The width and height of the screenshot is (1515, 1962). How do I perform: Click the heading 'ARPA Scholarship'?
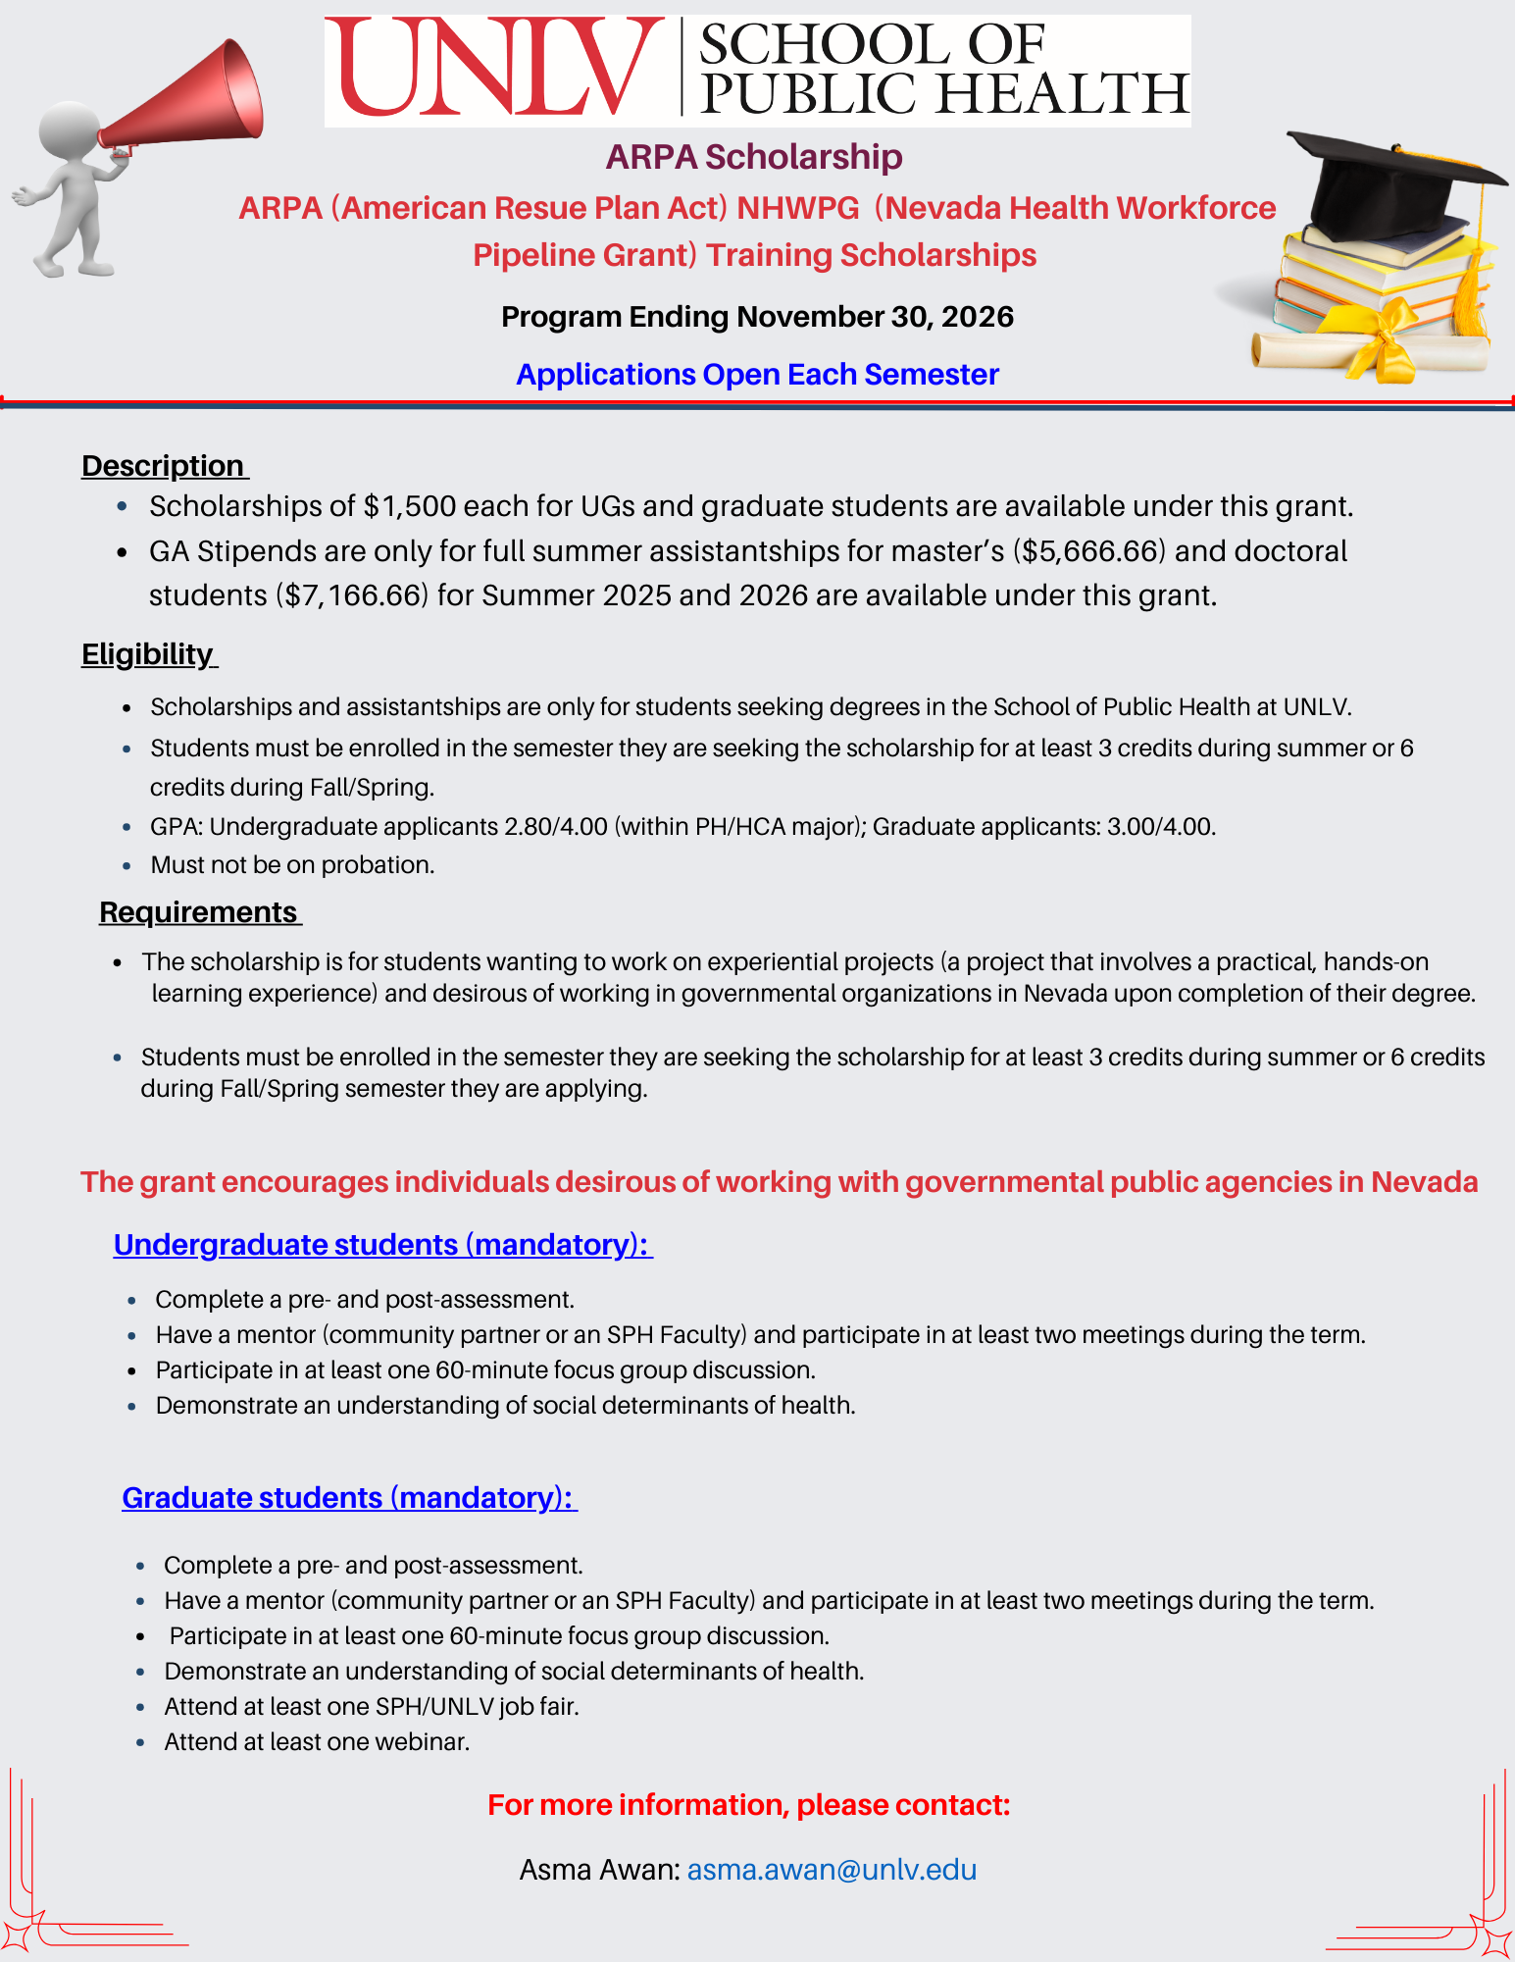tap(753, 157)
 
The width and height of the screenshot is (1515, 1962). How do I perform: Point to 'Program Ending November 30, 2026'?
tap(757, 317)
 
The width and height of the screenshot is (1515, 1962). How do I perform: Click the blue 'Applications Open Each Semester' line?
tap(757, 375)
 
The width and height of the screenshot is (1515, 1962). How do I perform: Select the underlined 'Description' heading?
tap(164, 466)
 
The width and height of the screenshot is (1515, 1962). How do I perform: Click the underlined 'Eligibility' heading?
tap(148, 654)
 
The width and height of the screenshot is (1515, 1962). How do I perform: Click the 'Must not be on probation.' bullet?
tap(292, 865)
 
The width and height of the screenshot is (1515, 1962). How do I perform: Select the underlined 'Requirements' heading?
tap(199, 912)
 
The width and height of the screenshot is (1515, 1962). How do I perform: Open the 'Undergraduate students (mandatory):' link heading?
tap(381, 1245)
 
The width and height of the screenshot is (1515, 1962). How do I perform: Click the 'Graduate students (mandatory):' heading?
tap(349, 1498)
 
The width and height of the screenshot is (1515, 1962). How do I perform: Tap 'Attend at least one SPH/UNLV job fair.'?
tap(372, 1707)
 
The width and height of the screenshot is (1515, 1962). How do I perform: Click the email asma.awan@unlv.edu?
tap(832, 1870)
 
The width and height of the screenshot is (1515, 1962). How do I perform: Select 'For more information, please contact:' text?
tap(748, 1805)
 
